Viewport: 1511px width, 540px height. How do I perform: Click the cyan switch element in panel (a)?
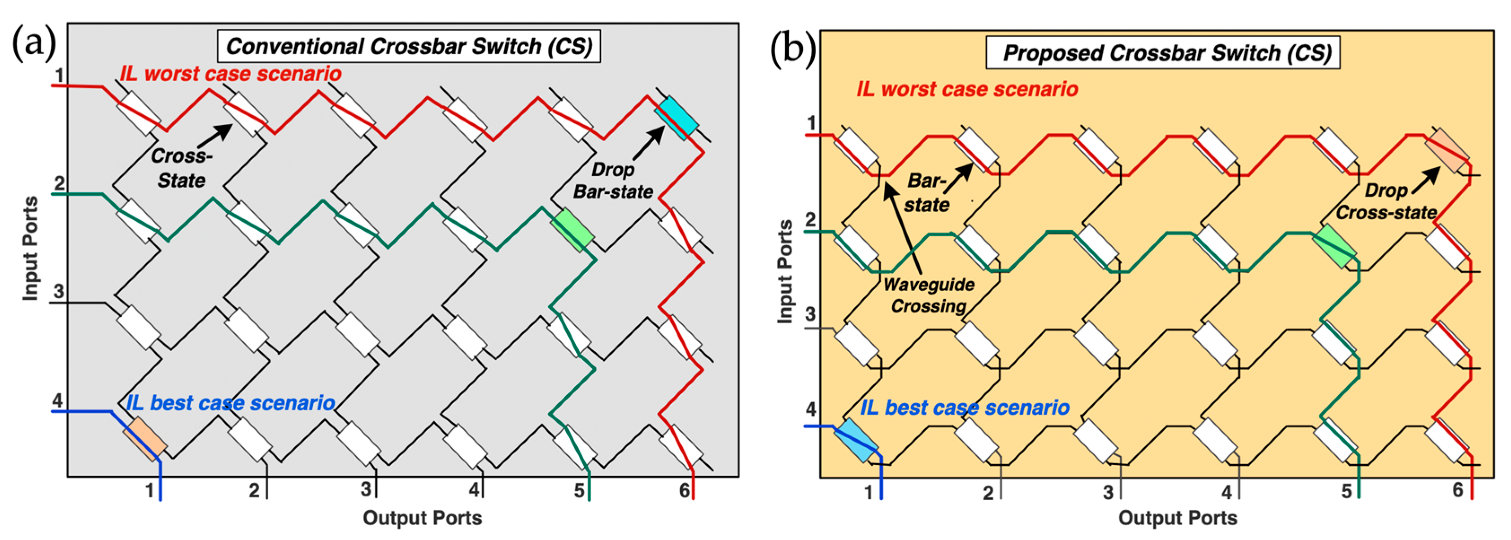pos(678,118)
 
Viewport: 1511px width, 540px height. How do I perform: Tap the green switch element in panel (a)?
pos(572,230)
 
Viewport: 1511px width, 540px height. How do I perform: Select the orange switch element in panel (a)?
pos(145,438)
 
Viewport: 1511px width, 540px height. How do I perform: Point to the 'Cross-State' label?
pos(181,168)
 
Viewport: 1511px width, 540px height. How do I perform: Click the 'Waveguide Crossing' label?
pos(929,295)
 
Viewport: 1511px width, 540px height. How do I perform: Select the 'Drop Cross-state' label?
pos(1386,201)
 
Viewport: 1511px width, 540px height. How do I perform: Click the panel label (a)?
pos(34,42)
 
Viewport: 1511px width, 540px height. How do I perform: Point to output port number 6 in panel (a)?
pos(684,490)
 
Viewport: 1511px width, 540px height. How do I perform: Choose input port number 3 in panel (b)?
pos(810,314)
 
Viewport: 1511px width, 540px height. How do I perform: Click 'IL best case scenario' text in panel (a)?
pos(231,403)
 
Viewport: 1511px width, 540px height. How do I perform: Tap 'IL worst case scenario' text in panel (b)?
pos(967,89)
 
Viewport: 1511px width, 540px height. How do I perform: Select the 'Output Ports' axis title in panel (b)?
pos(1177,518)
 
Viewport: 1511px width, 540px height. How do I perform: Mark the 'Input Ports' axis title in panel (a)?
pos(31,248)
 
